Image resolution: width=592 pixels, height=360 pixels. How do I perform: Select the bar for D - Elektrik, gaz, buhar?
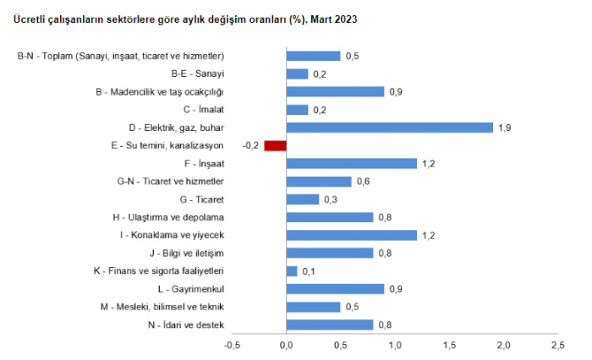click(x=389, y=128)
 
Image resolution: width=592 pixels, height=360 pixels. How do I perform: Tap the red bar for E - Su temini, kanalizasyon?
click(x=276, y=145)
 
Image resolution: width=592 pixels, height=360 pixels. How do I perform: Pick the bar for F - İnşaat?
click(x=351, y=163)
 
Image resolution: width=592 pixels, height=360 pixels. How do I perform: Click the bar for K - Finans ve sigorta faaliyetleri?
click(x=292, y=271)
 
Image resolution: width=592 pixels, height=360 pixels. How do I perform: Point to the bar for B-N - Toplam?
click(x=313, y=56)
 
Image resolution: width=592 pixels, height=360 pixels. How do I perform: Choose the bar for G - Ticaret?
click(x=303, y=199)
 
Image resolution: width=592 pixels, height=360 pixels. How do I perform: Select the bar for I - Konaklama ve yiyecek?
click(x=351, y=235)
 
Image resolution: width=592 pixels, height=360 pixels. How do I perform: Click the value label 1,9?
click(x=505, y=128)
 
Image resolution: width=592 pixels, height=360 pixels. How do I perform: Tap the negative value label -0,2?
click(x=250, y=145)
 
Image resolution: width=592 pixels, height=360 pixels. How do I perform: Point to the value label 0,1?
click(x=309, y=271)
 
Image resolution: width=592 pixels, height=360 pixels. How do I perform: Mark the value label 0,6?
click(x=364, y=181)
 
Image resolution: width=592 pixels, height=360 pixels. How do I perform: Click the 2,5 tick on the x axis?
click(x=557, y=345)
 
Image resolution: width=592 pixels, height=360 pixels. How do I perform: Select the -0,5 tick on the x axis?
click(x=233, y=345)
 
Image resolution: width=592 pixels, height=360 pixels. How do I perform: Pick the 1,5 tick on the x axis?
click(x=449, y=345)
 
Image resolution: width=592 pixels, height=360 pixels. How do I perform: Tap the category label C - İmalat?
click(x=203, y=109)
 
